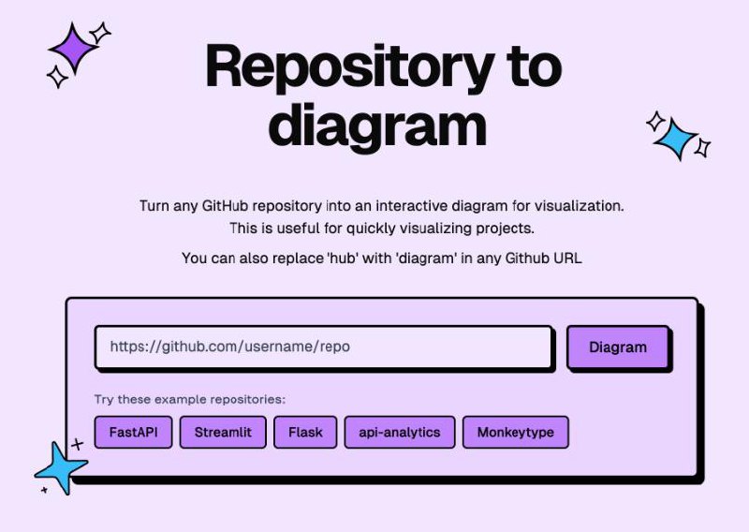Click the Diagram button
(x=618, y=347)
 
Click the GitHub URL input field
(x=323, y=347)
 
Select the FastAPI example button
(x=133, y=432)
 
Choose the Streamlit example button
(x=223, y=432)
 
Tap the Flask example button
(x=305, y=432)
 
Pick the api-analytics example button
(x=400, y=432)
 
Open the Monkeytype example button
(x=516, y=432)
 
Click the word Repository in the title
(x=350, y=68)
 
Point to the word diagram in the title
(x=377, y=126)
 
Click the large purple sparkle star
(x=74, y=49)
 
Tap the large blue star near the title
(x=676, y=138)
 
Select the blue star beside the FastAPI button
(x=60, y=468)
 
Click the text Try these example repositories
(x=190, y=399)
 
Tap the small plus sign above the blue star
(x=78, y=445)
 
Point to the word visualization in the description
(x=579, y=206)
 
